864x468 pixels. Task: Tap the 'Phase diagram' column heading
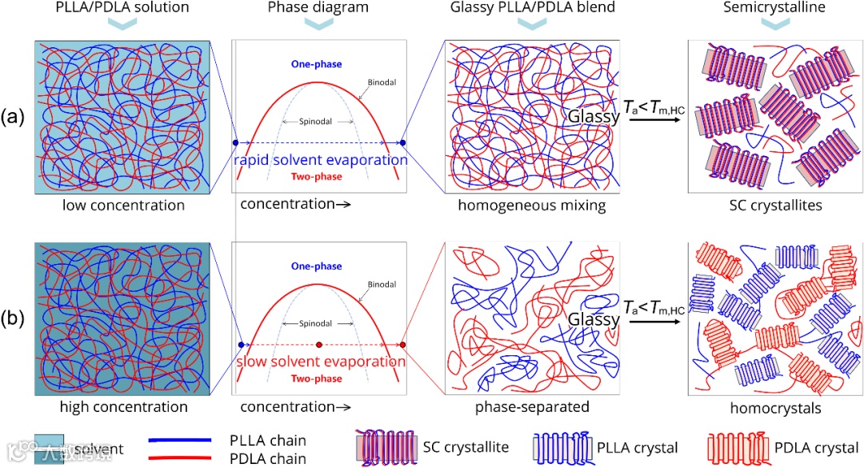click(x=318, y=8)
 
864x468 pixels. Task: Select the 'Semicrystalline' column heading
click(x=773, y=8)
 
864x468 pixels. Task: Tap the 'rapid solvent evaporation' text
click(x=320, y=160)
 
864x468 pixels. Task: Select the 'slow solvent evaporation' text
click(x=320, y=362)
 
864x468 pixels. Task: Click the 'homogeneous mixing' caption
click(x=531, y=206)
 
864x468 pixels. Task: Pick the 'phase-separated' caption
click(x=531, y=407)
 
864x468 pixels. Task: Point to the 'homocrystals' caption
click(x=773, y=407)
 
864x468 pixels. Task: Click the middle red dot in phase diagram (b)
click(x=320, y=345)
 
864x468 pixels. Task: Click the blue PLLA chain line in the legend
click(x=180, y=440)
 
